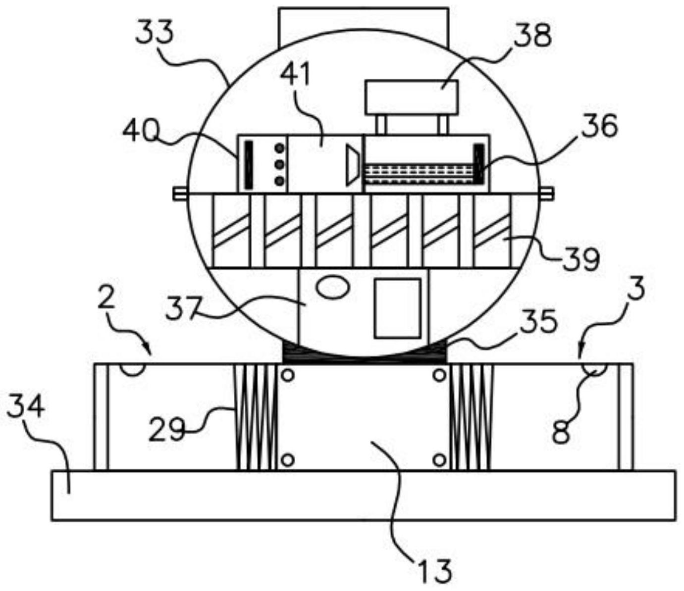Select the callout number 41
[x=296, y=74]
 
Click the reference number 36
[x=600, y=126]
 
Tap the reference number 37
[x=184, y=308]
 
